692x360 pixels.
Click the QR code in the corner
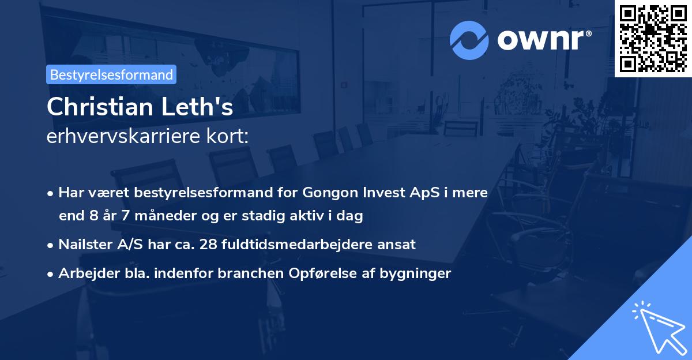click(653, 38)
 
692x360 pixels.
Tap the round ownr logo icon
click(469, 40)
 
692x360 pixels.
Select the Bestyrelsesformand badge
click(111, 74)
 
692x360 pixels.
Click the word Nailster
click(85, 244)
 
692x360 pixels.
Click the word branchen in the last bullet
click(249, 273)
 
